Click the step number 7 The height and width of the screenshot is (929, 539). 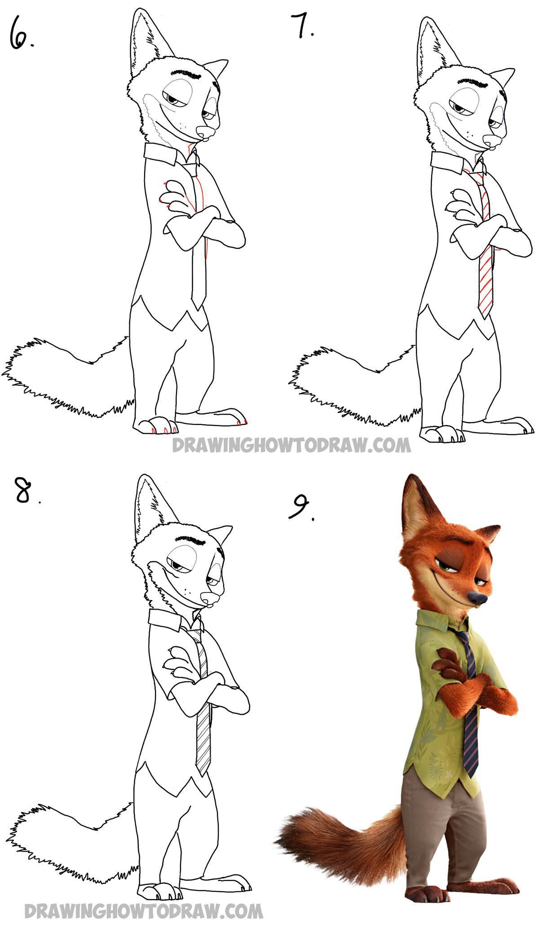[302, 26]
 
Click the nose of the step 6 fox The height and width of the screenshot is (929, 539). [206, 133]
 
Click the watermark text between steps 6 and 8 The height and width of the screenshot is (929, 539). [291, 445]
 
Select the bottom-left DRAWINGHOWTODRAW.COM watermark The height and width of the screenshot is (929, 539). [144, 911]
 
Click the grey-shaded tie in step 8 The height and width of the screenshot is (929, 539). [203, 737]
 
